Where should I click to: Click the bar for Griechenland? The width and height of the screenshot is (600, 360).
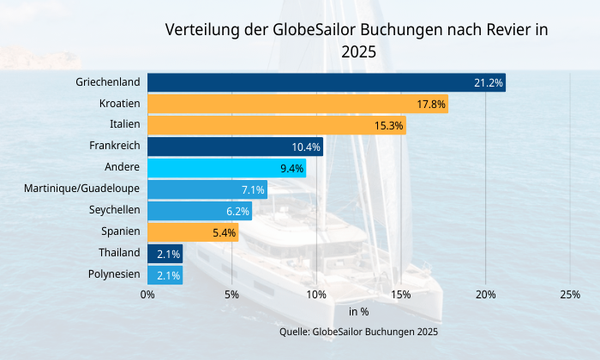point(326,82)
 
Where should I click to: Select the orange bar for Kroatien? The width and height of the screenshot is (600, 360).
point(297,104)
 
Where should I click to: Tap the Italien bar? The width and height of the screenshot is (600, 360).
point(276,125)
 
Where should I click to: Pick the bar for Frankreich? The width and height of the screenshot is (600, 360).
point(235,147)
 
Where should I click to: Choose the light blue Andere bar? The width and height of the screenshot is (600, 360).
point(226,168)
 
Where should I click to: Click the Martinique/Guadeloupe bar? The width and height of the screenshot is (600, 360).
point(207,189)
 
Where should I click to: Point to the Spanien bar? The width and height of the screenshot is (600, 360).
point(193,232)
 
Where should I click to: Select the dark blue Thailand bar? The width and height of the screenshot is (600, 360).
point(165,254)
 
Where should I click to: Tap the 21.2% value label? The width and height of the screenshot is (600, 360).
point(488,83)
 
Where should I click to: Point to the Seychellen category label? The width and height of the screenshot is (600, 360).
point(114,210)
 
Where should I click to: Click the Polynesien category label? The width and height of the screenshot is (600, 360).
point(113,274)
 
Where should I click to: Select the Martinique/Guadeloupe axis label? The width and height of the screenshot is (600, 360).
point(82,189)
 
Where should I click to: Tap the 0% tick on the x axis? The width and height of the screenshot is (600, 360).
point(147,295)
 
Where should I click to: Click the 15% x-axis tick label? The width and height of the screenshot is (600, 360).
point(401,295)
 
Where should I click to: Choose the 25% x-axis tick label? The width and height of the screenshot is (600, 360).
point(570,295)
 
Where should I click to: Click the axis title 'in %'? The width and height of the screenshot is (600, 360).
point(358,312)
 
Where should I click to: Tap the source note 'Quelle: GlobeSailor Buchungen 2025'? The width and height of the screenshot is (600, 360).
point(358,331)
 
